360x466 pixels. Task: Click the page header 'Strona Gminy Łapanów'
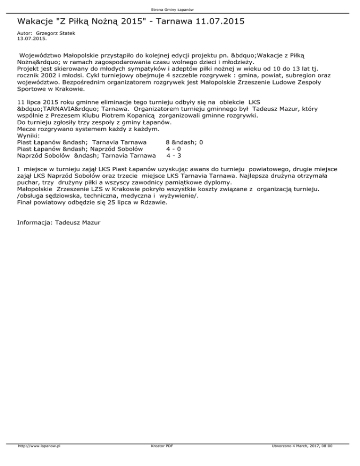click(x=180, y=9)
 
